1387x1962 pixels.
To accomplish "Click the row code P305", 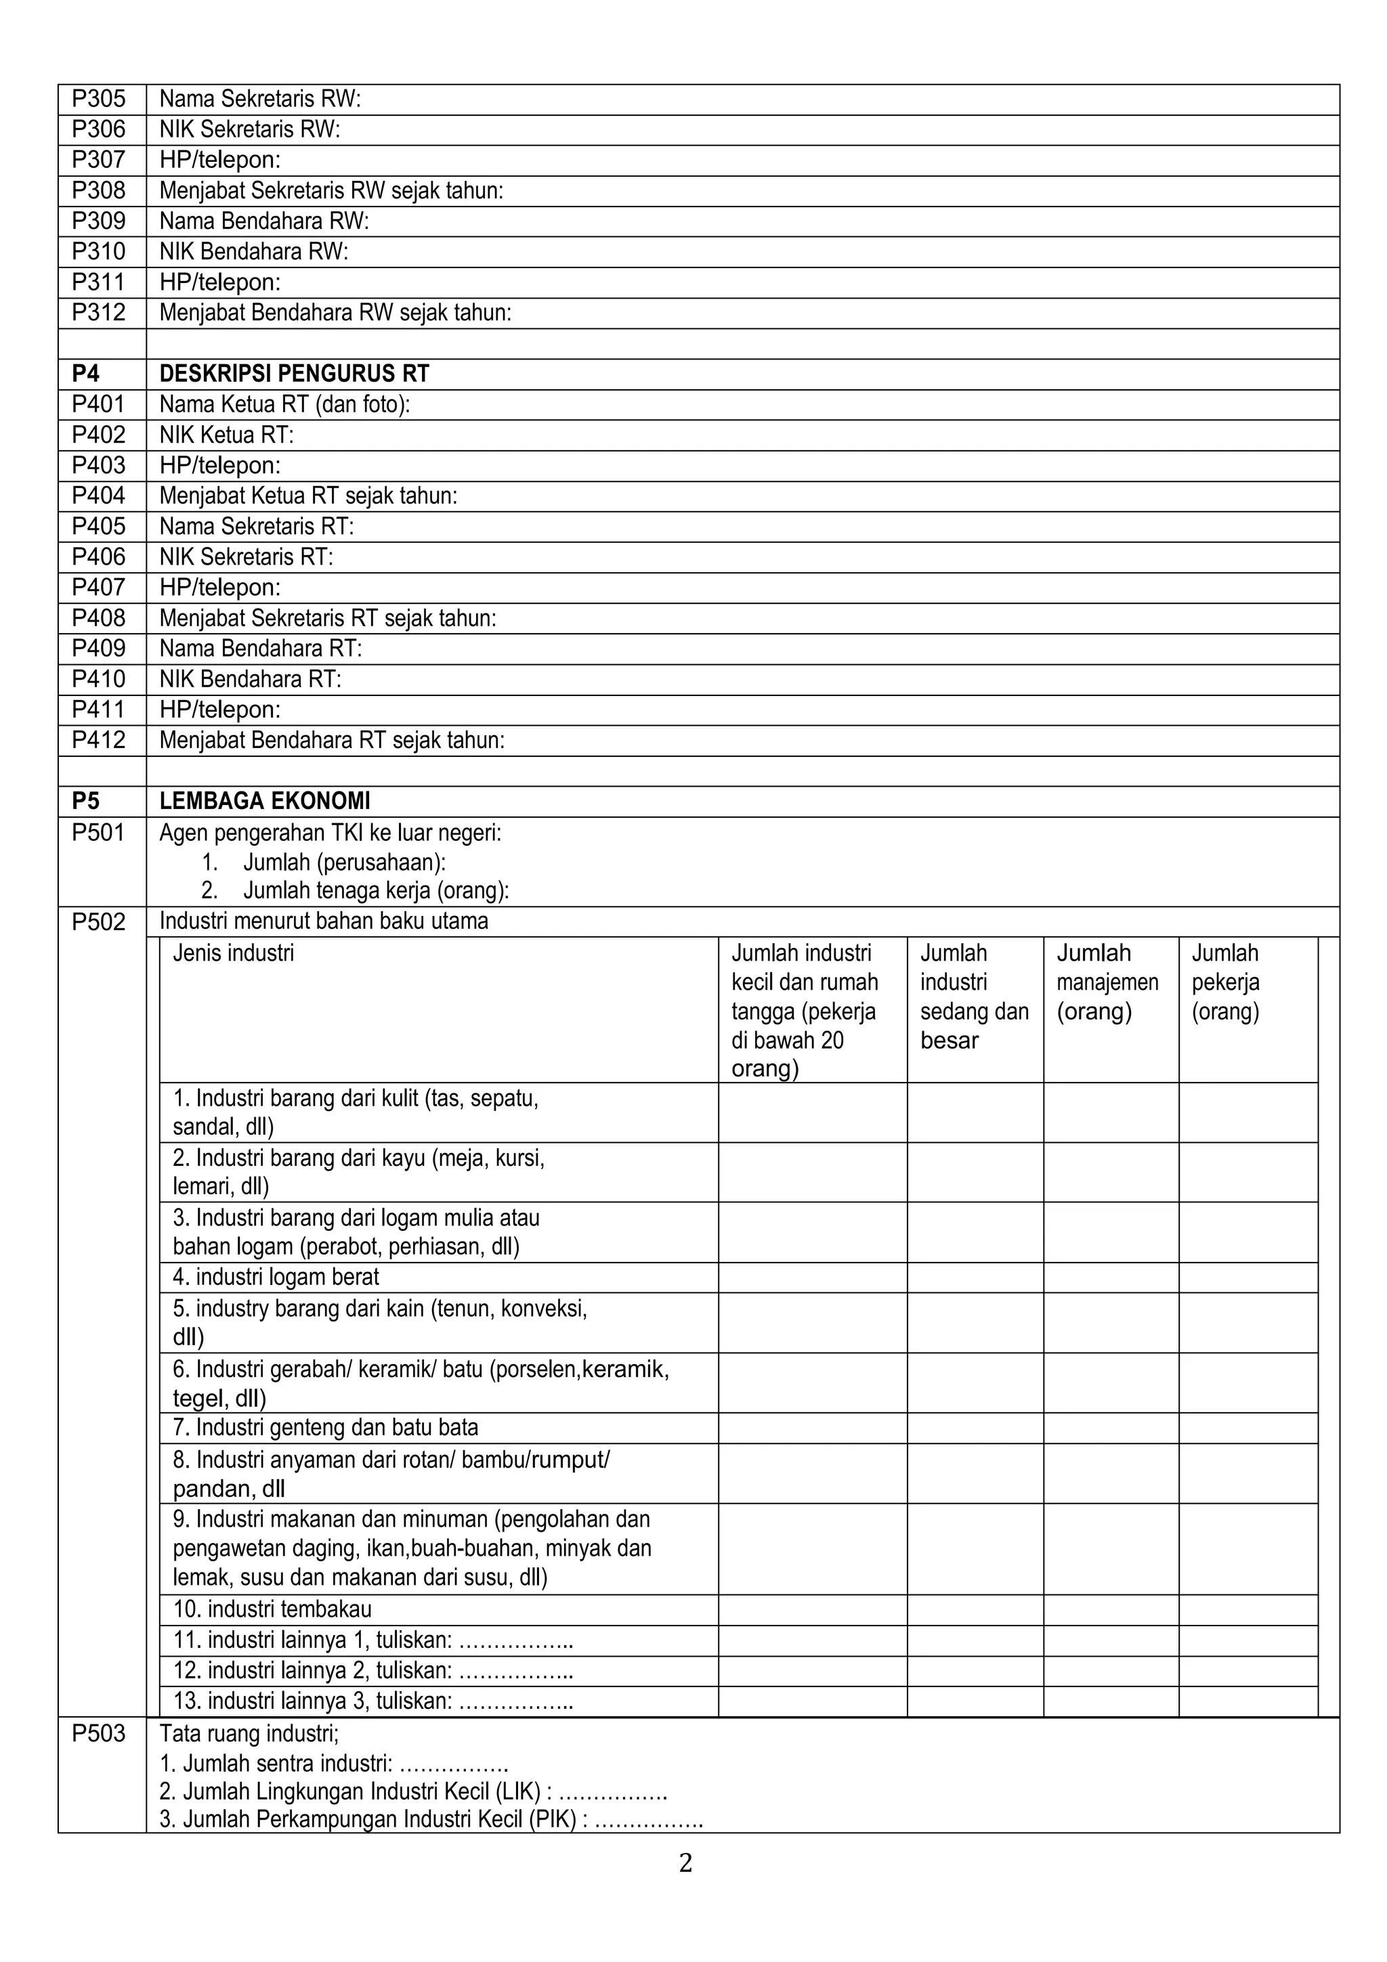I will click(98, 99).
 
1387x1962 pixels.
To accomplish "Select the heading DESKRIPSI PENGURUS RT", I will click(294, 374).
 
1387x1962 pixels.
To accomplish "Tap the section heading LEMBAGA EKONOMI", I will click(265, 802).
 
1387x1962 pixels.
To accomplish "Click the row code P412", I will click(98, 740).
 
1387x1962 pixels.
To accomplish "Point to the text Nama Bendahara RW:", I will click(264, 221).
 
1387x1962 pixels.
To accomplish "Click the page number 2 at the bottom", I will click(685, 1863).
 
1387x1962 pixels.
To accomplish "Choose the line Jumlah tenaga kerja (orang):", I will click(376, 890).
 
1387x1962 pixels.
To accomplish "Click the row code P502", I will click(98, 922).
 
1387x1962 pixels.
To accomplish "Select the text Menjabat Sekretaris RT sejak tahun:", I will click(328, 618).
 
